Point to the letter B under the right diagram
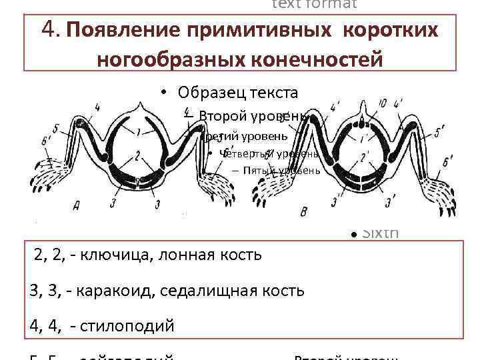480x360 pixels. click(305, 212)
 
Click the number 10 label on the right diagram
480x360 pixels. click(382, 103)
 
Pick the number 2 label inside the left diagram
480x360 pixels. click(136, 157)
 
